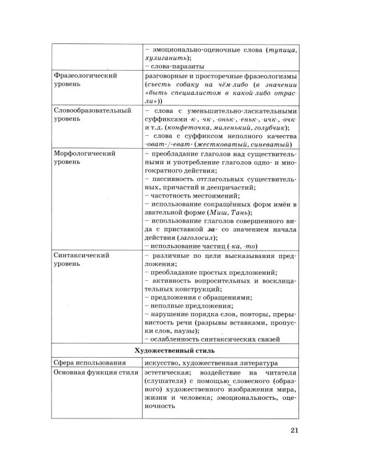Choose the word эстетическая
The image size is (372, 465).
[168, 376]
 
